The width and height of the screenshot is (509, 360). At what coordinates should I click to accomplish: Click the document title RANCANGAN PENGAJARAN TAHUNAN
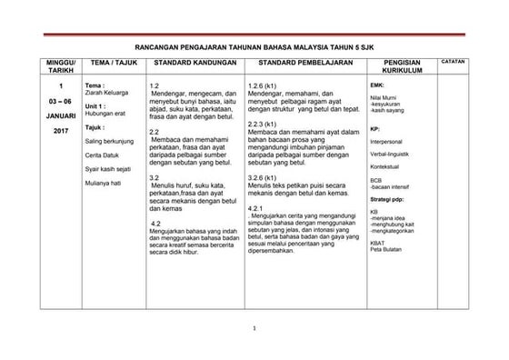(x=254, y=42)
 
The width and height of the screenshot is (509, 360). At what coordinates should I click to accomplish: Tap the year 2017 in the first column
(x=35, y=132)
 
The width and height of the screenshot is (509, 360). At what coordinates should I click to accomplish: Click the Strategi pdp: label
(x=387, y=198)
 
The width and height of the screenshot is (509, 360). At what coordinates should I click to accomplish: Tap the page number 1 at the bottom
(x=255, y=328)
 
